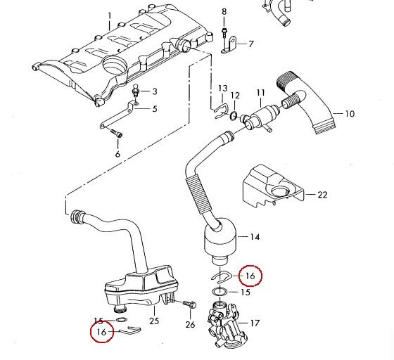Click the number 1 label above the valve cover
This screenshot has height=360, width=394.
pos(109,15)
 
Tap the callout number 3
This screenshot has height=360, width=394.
pos(155,91)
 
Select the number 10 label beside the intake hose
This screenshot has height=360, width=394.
pos(350,113)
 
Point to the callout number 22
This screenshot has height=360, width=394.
pos(322,194)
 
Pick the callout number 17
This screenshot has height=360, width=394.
pos(255,323)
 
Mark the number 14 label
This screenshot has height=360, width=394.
pos(254,237)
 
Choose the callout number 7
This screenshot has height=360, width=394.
pos(250,44)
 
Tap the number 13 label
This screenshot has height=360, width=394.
pos(222,88)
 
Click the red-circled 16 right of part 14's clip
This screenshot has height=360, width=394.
pos(250,275)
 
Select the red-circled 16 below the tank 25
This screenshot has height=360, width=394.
pos(101,331)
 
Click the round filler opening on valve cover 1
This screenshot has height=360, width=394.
pos(113,68)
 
